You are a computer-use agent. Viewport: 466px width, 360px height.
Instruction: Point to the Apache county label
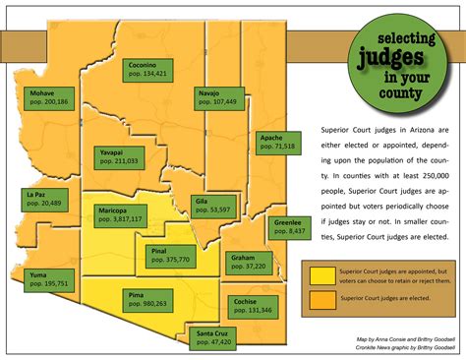point(276,141)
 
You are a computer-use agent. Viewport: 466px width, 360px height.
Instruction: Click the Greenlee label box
point(287,226)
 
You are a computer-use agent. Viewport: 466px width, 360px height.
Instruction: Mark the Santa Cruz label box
point(210,340)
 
